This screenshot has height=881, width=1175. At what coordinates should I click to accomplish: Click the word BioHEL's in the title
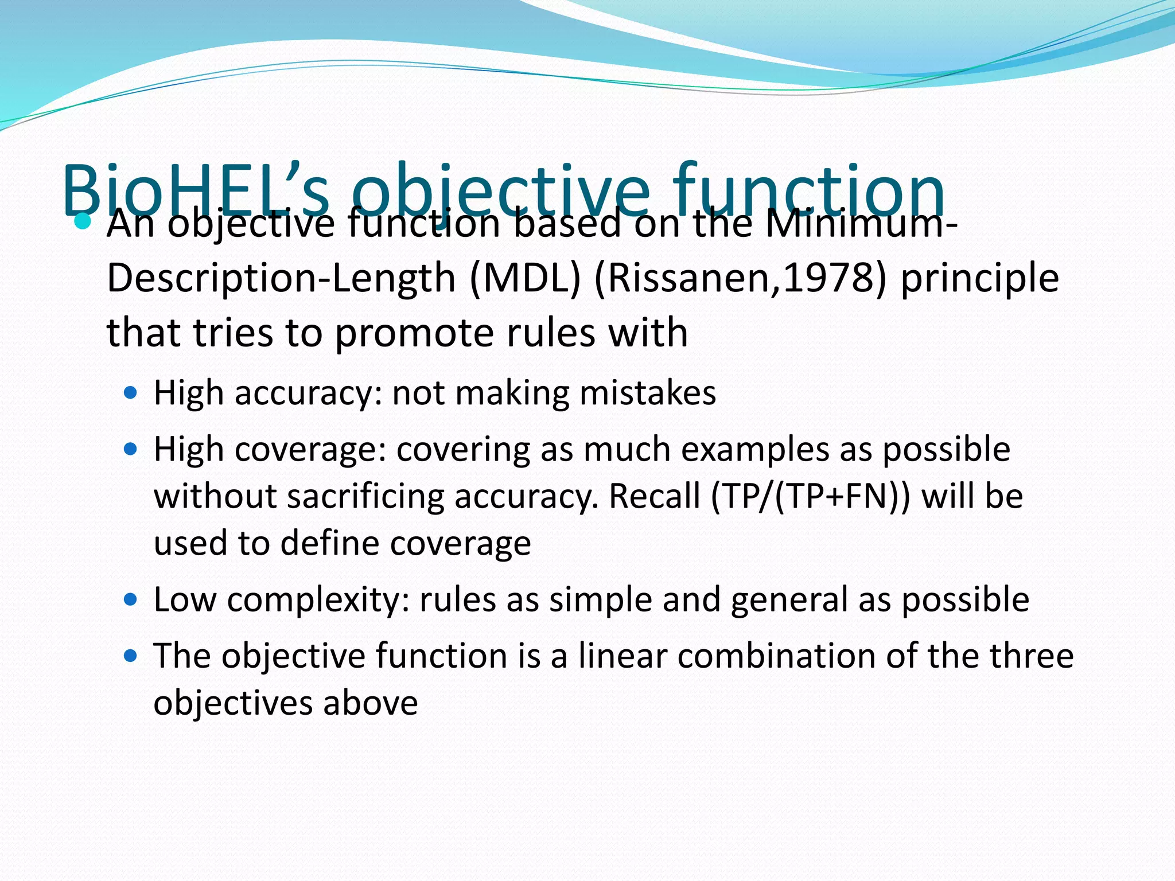(x=195, y=189)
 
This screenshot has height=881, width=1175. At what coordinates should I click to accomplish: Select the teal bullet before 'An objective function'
(x=83, y=221)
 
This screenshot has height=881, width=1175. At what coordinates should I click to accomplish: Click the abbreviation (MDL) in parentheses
(x=526, y=279)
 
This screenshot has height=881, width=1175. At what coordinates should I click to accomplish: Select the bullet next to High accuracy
(x=131, y=393)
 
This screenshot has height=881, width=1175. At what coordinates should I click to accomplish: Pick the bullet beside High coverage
(x=131, y=449)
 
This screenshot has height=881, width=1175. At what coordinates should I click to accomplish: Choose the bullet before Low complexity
(x=131, y=600)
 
